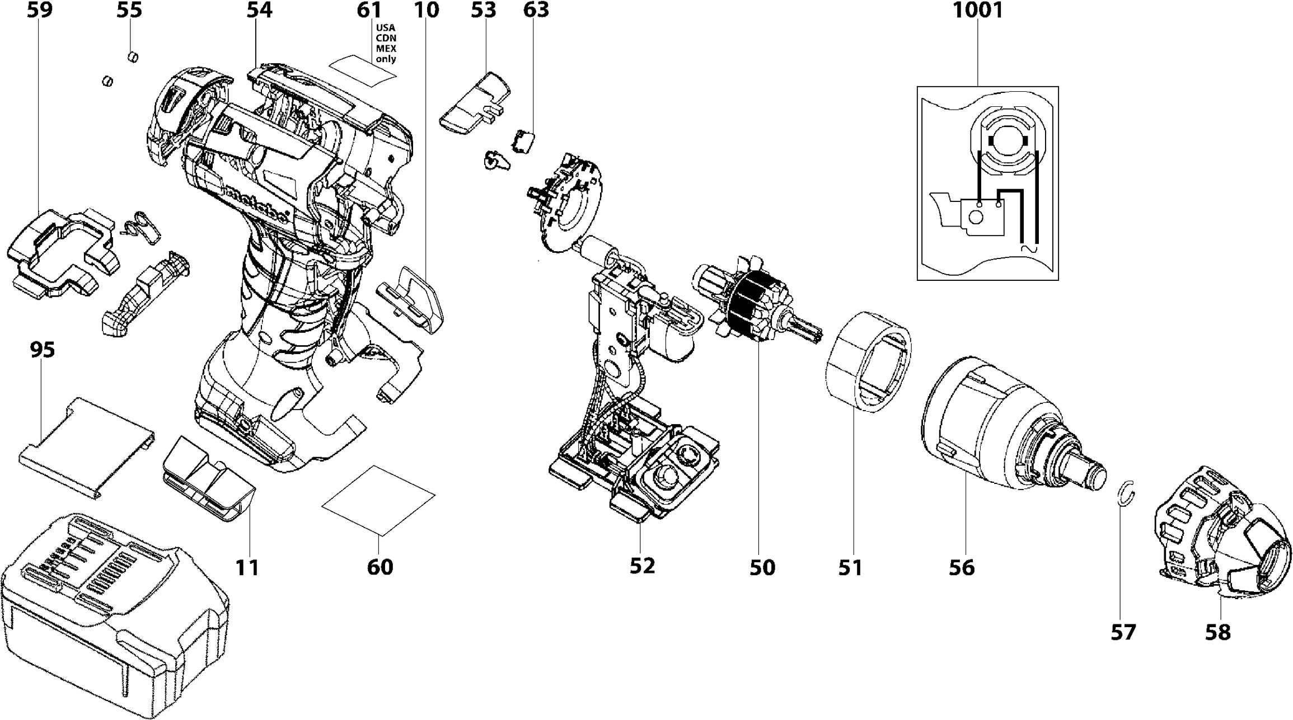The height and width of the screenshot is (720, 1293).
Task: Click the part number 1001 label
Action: click(978, 10)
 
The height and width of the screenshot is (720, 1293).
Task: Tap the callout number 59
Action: click(40, 10)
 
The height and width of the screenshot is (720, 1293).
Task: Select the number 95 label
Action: click(43, 350)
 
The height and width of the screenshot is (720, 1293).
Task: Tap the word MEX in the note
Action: click(386, 49)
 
